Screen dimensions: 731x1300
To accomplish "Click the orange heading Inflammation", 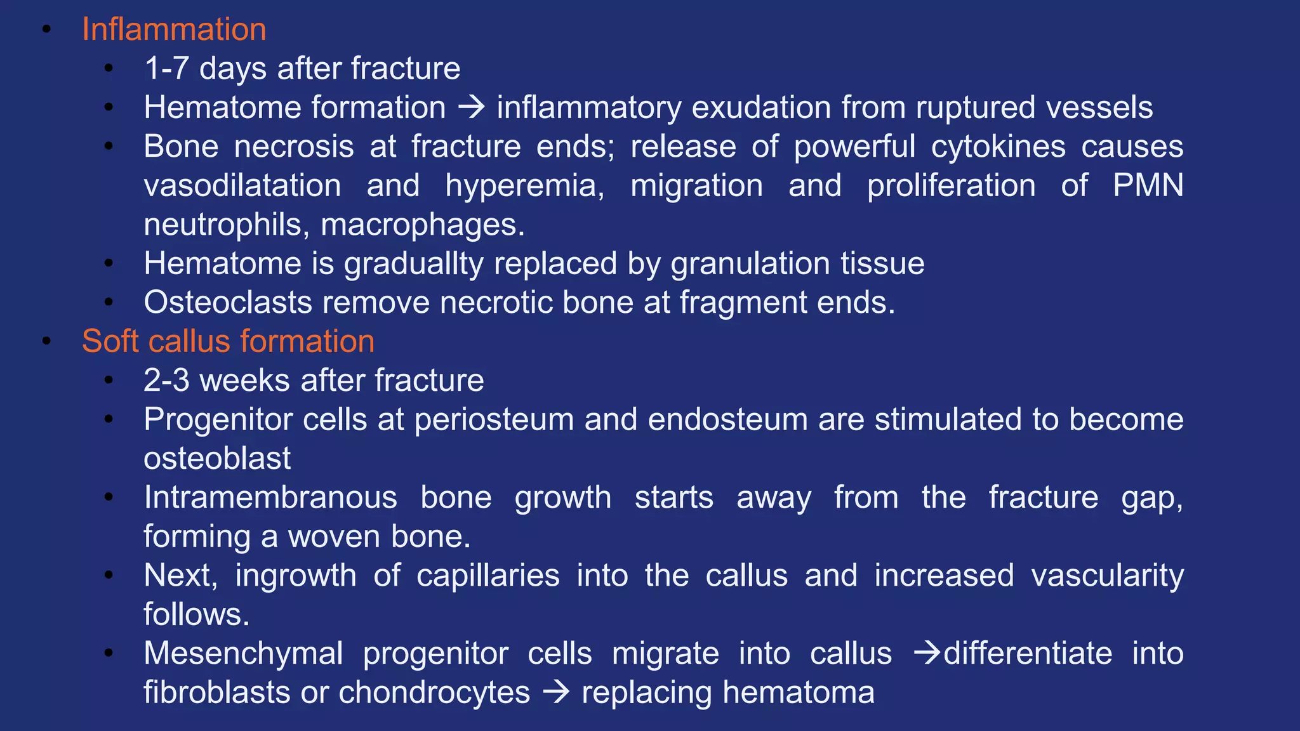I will pyautogui.click(x=174, y=30).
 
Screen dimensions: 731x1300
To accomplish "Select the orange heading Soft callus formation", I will pyautogui.click(x=228, y=341).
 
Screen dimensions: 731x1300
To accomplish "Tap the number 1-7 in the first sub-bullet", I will pyautogui.click(x=166, y=69).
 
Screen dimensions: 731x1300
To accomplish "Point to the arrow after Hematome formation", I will pyautogui.click(x=472, y=107).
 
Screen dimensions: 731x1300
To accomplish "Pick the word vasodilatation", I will pyautogui.click(x=242, y=186).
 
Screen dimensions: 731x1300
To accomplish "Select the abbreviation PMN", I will pyautogui.click(x=1148, y=186).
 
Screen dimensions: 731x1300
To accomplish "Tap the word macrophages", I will pyautogui.click(x=423, y=225).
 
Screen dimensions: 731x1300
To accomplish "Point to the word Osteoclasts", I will pyautogui.click(x=228, y=303).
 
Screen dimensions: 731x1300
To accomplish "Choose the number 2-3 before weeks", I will pyautogui.click(x=166, y=381).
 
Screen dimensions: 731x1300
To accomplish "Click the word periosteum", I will pyautogui.click(x=494, y=419).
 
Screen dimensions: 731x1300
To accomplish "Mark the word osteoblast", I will pyautogui.click(x=217, y=459).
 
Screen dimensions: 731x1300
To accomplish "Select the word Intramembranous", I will pyautogui.click(x=270, y=497).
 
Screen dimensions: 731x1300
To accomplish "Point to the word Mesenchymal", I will pyautogui.click(x=243, y=654).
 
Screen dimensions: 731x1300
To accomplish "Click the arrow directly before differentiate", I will pyautogui.click(x=927, y=653).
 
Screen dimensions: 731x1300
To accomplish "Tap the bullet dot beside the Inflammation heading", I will pyautogui.click(x=46, y=29).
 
